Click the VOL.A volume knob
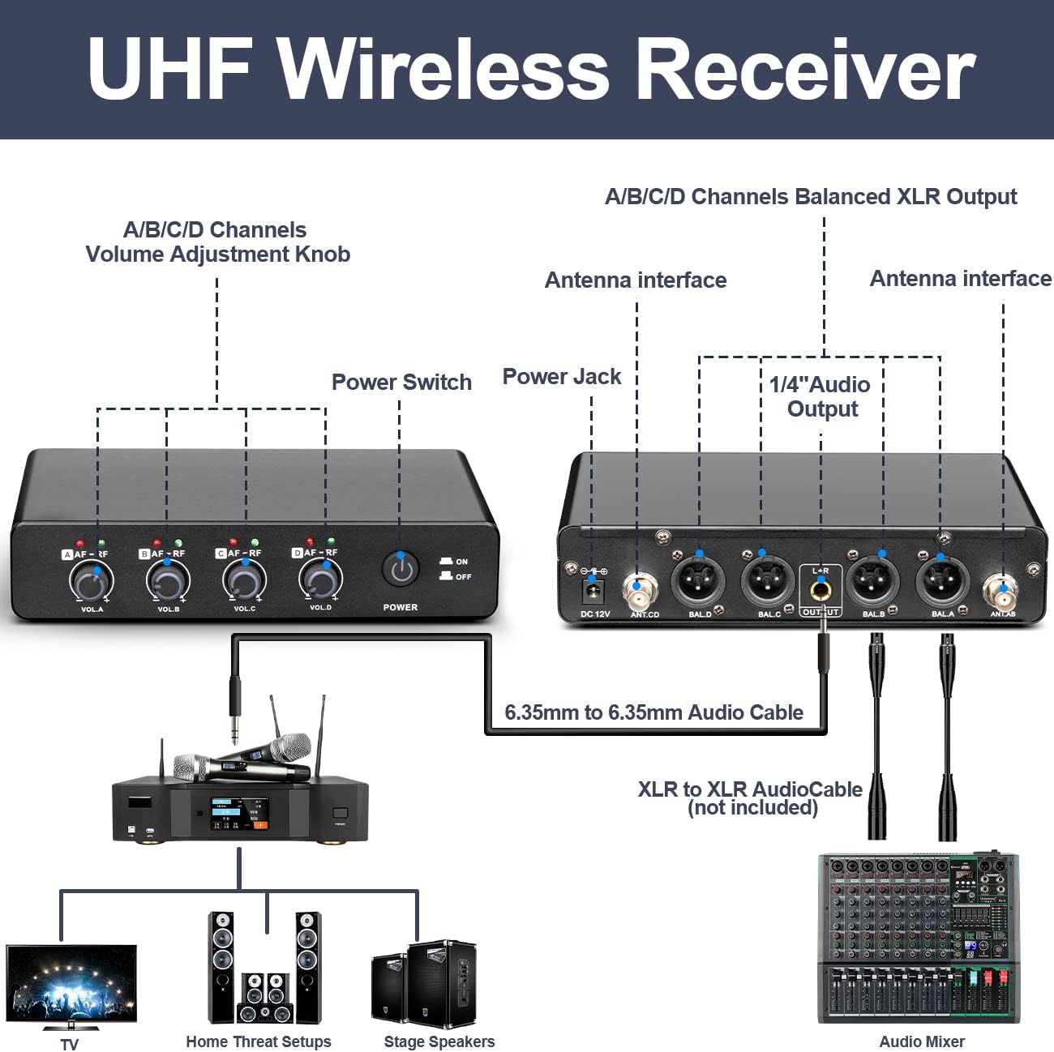point(91,582)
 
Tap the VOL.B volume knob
point(167,582)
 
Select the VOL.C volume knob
point(243,580)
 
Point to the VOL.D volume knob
point(320,579)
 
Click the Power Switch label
point(401,382)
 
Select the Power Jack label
point(561,377)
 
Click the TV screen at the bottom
point(71,985)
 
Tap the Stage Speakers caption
point(439,1041)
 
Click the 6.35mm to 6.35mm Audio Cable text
point(653,712)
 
